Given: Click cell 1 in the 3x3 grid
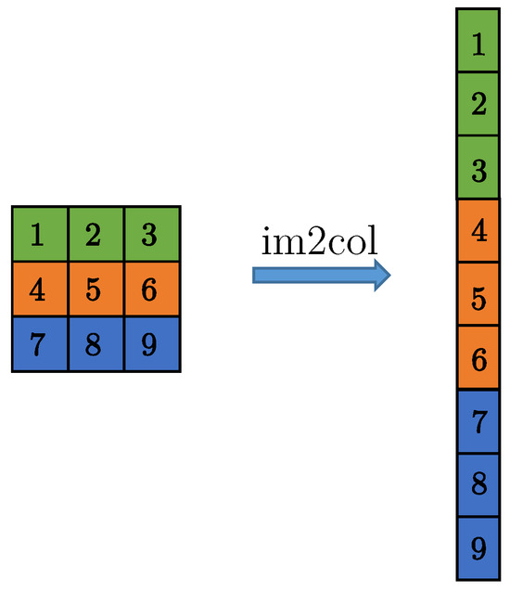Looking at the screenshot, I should coord(40,235).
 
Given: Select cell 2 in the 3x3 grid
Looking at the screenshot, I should coord(96,235).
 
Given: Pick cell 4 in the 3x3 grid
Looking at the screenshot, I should coord(40,290).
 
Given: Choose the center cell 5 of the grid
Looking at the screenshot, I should coord(96,290).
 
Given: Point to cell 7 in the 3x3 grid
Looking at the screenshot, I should coord(40,344).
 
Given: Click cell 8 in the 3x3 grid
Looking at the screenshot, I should coord(96,344).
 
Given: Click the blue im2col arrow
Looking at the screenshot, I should coord(321,275).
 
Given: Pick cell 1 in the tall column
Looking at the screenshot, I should coord(478,42).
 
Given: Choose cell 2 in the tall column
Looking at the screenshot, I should coord(478,105).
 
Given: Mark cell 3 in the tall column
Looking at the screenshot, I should coord(478,168).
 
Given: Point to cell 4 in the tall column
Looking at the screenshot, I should coord(478,231).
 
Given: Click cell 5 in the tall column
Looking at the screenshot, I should coord(478,294).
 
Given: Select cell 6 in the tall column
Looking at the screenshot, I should coord(478,358).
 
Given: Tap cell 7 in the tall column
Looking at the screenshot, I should coord(478,421).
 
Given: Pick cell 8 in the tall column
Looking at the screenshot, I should coord(478,484).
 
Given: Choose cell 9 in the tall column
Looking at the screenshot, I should coord(478,547).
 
